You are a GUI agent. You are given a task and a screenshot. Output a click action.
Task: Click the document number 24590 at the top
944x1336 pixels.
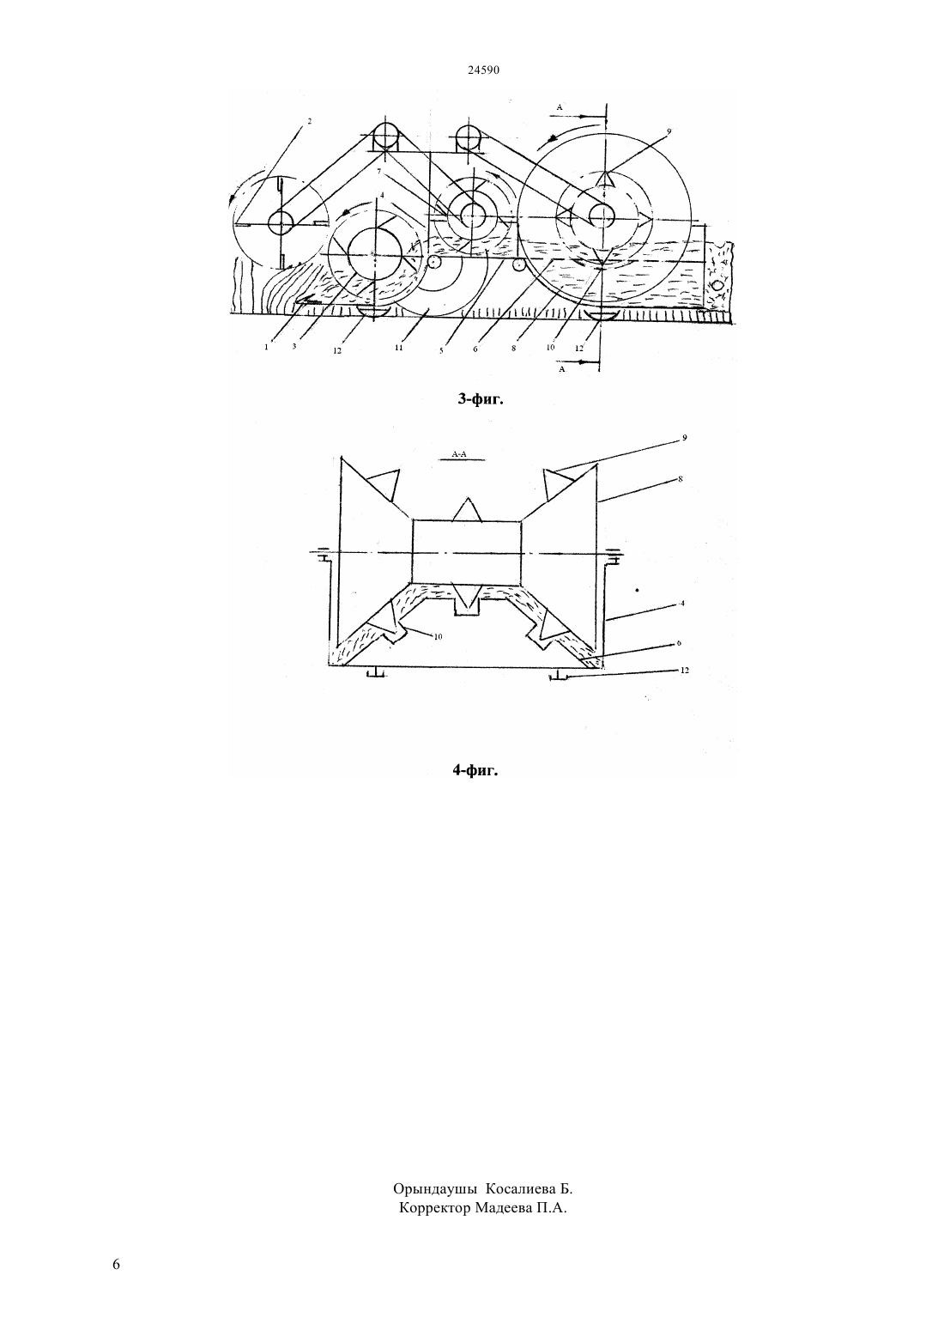click(x=483, y=70)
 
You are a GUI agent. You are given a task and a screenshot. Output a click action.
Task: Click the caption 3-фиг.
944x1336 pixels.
click(x=481, y=399)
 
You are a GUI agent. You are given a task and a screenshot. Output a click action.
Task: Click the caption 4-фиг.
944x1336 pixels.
click(x=475, y=770)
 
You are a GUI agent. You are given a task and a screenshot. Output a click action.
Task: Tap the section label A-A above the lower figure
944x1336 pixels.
click(x=459, y=454)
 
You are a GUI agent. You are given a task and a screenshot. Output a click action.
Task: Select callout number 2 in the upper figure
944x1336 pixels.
click(x=309, y=121)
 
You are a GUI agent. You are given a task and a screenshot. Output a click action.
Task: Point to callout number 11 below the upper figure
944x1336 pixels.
click(x=399, y=348)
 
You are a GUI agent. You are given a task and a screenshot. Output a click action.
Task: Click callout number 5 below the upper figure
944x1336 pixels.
click(x=441, y=350)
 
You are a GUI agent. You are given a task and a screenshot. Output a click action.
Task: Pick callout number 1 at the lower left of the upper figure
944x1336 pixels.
click(x=266, y=347)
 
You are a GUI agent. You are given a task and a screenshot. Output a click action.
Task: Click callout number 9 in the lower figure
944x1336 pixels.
click(x=685, y=438)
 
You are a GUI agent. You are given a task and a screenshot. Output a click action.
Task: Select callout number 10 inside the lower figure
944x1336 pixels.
click(x=438, y=637)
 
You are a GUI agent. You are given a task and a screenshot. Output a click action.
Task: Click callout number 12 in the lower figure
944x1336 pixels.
click(x=684, y=671)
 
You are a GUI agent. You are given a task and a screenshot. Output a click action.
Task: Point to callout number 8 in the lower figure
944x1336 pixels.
click(x=680, y=478)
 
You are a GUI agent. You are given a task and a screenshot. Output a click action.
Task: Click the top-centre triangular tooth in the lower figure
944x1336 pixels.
click(x=467, y=510)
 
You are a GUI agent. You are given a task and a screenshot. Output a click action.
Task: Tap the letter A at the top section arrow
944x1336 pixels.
click(x=559, y=107)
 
